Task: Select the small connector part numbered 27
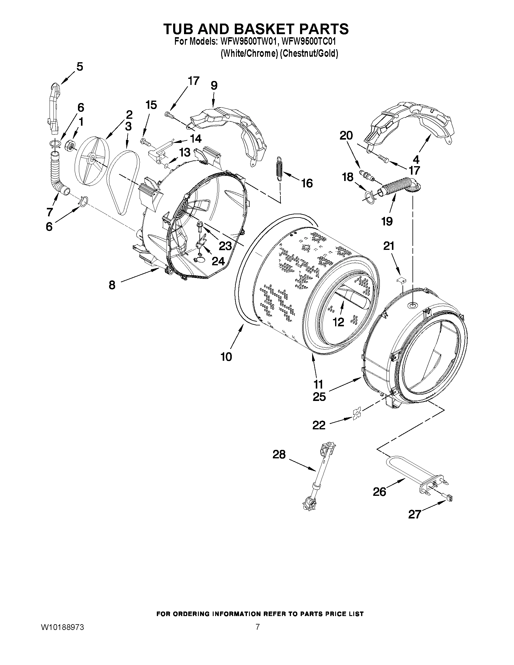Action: [449, 498]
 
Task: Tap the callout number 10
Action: [226, 357]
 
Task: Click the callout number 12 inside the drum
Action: [338, 322]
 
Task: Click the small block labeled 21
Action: [402, 279]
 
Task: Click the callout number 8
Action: [112, 285]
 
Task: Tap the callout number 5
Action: [79, 66]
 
